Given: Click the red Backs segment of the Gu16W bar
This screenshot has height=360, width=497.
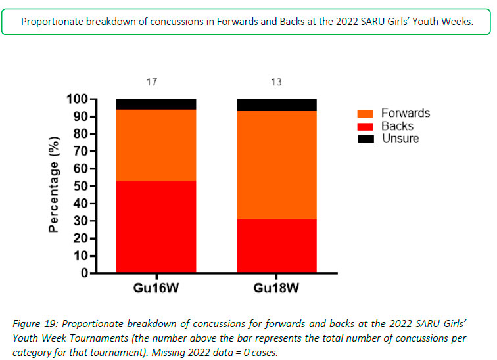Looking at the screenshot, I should coord(156,226).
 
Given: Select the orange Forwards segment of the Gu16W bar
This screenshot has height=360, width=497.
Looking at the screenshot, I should coord(156,145).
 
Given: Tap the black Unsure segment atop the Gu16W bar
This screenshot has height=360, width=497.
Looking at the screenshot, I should coord(156,104).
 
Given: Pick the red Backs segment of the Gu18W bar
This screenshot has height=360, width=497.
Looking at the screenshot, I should coord(276,245).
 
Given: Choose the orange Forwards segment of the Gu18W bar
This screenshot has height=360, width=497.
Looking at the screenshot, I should coord(276,164).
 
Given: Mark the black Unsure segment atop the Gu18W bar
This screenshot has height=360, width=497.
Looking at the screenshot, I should coord(276,104).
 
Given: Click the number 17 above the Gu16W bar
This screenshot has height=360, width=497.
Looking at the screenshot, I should coord(152,82).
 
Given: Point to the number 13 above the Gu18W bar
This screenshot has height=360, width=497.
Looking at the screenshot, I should coord(276,82).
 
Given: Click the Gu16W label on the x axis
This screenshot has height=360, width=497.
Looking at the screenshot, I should coord(156,288).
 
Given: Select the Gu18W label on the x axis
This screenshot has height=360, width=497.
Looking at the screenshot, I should coord(276,288).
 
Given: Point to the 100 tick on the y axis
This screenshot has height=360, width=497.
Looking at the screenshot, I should coord(78,99).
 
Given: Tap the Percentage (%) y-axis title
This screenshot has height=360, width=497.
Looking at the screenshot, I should coord(55,185).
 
